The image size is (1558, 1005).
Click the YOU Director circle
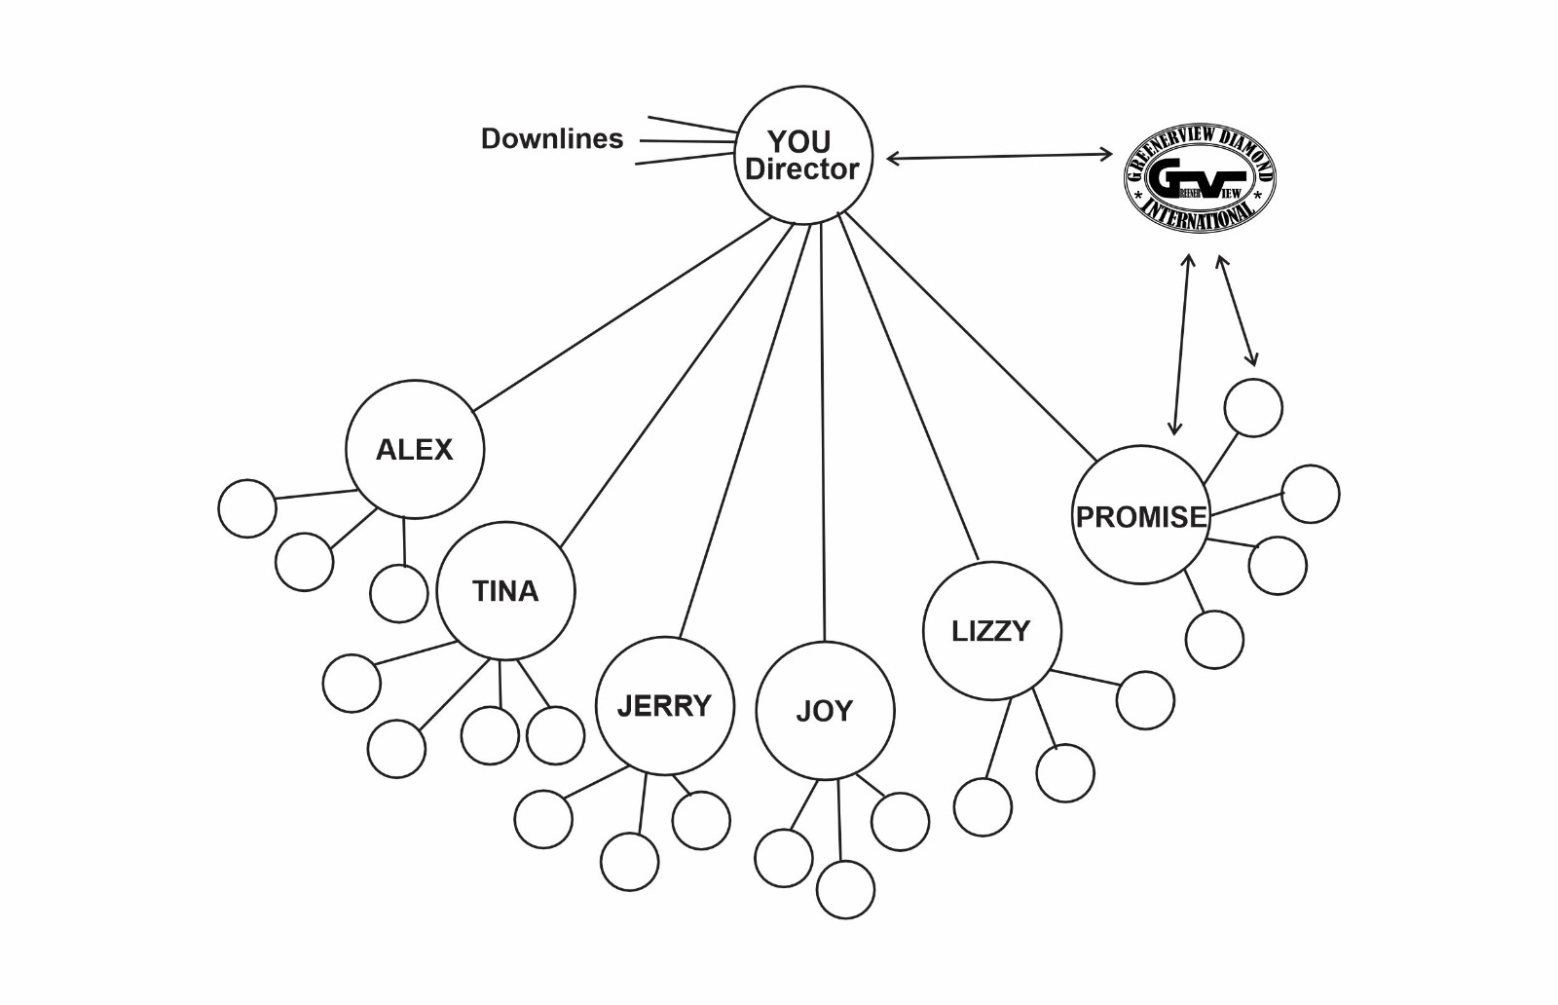(x=802, y=155)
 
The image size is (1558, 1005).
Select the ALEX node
(x=415, y=449)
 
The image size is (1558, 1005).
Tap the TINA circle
(x=505, y=591)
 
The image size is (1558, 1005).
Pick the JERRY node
(x=664, y=705)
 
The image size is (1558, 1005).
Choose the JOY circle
(x=825, y=711)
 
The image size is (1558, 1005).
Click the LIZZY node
(x=991, y=630)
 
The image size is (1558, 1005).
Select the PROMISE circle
(x=1140, y=515)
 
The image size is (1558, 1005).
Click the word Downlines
(x=552, y=138)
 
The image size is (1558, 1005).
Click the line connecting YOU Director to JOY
(x=824, y=428)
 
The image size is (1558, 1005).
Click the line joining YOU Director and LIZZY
(x=908, y=390)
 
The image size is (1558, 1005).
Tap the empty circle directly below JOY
(x=845, y=889)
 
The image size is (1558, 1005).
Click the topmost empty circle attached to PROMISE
(x=1253, y=407)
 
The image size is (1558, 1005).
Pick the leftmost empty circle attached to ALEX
(x=247, y=508)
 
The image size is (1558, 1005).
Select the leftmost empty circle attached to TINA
(x=352, y=683)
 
